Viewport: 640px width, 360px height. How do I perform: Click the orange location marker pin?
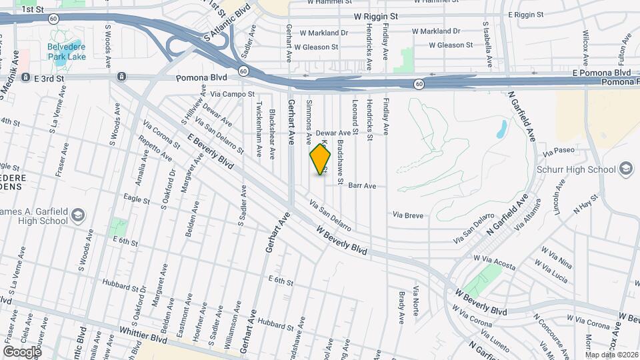[x=321, y=159]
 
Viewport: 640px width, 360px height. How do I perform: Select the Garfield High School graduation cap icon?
[x=78, y=215]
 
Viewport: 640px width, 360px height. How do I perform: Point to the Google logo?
[x=22, y=351]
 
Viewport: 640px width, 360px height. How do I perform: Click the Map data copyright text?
[x=611, y=355]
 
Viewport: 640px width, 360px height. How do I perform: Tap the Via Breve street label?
[x=408, y=215]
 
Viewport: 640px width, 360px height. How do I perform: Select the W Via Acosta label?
[x=494, y=261]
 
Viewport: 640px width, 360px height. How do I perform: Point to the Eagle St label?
[x=136, y=197]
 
